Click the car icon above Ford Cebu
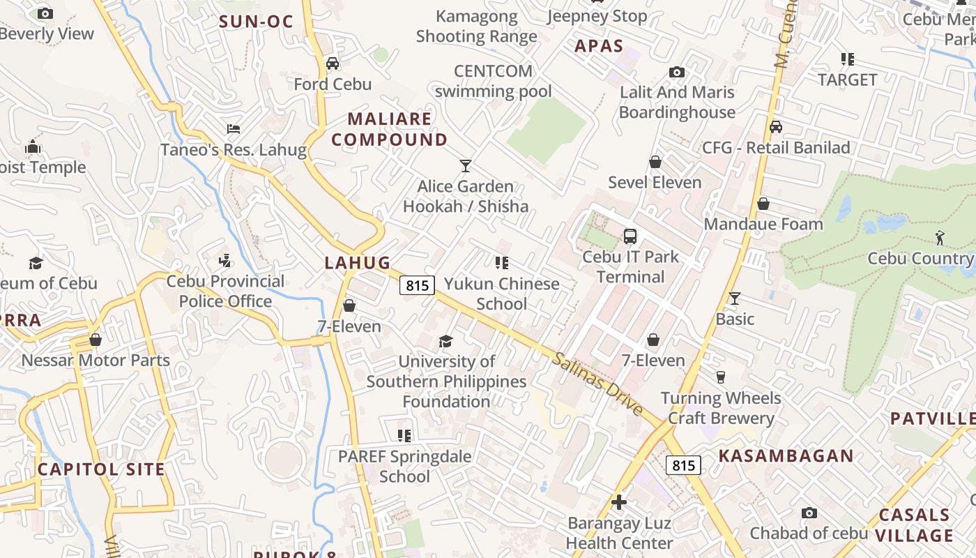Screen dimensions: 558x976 (333, 63)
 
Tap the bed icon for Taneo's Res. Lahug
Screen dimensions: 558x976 (234, 129)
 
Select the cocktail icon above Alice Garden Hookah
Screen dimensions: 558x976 (466, 165)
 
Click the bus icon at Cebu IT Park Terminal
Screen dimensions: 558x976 (630, 236)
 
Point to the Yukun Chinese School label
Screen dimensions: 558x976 (502, 294)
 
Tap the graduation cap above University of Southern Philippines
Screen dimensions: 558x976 (445, 341)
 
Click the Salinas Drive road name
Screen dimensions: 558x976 (598, 384)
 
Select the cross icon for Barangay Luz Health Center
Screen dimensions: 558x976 (619, 502)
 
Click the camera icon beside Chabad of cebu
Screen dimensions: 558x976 (809, 513)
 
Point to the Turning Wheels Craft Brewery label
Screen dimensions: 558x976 (721, 408)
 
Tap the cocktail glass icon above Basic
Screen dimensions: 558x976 (734, 299)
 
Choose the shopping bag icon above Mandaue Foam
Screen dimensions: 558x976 (763, 204)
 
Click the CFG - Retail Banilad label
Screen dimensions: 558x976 (776, 147)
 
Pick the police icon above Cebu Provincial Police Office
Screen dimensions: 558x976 (224, 262)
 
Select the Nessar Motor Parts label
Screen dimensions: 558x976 (96, 361)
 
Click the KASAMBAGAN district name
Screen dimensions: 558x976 (786, 456)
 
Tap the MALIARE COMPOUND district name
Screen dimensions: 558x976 (389, 129)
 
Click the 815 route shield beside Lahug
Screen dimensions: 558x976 (417, 285)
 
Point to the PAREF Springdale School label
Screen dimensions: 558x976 (404, 467)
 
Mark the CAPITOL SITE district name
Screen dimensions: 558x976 (101, 469)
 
